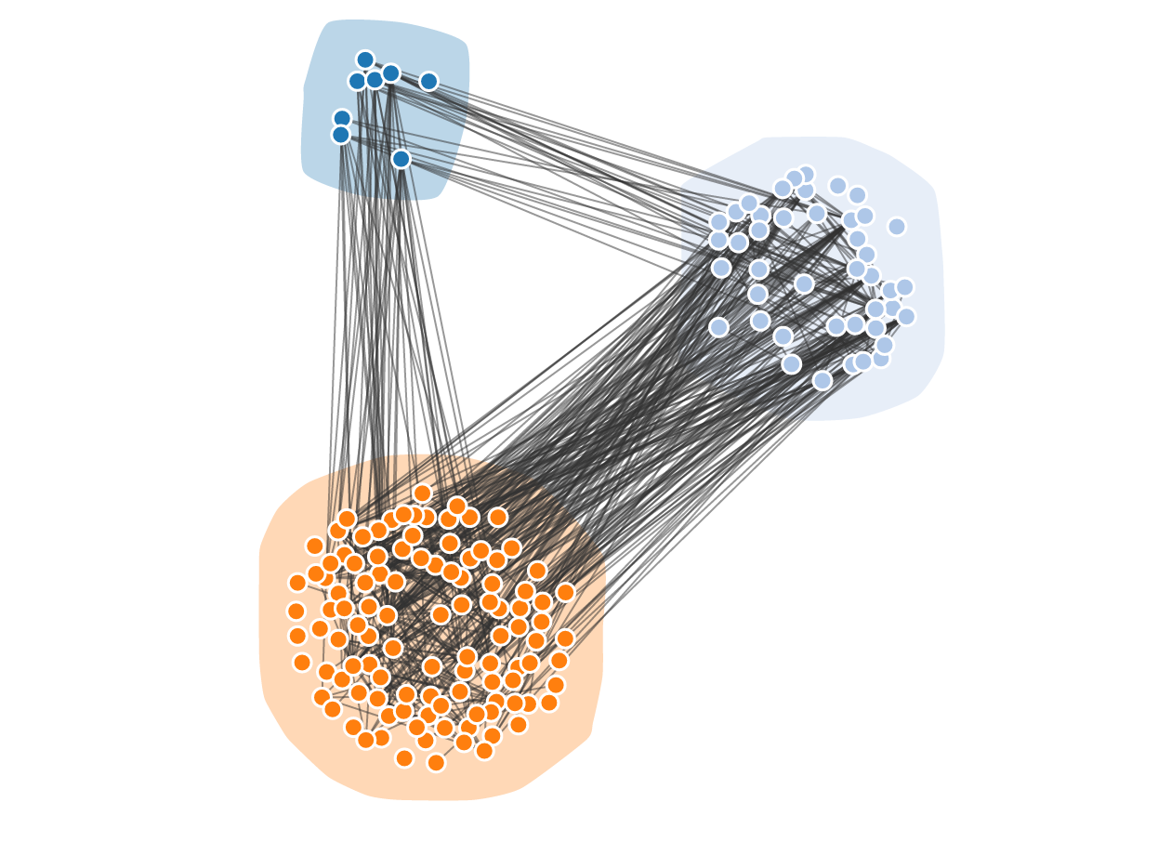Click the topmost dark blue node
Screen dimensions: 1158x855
point(365,59)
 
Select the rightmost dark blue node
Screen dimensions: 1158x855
point(428,81)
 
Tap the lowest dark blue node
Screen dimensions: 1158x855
point(401,159)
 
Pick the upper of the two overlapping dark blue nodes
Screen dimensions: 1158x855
point(342,119)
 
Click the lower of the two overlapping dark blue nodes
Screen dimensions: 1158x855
point(341,135)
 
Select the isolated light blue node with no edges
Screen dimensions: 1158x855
point(896,227)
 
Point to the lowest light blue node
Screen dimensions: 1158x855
point(822,380)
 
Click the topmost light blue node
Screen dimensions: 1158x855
point(805,175)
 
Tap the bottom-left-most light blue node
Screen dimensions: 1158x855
point(718,327)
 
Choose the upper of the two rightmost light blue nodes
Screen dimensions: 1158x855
point(904,287)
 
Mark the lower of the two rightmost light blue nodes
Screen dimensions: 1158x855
point(906,317)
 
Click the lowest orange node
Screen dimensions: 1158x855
point(436,762)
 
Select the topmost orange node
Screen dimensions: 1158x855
point(422,493)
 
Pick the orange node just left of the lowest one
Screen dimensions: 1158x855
point(404,758)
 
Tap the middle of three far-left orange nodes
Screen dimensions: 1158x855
point(296,612)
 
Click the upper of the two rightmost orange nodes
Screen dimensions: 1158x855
point(565,592)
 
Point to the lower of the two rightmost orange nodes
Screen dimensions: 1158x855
point(565,638)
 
